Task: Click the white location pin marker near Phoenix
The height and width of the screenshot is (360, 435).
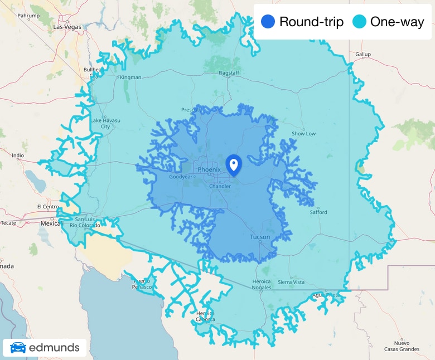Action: pyautogui.click(x=234, y=164)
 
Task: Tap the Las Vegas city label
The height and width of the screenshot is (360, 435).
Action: pyautogui.click(x=67, y=26)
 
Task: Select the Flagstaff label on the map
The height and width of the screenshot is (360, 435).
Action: pyautogui.click(x=229, y=73)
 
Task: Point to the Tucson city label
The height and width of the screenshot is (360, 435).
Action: pyautogui.click(x=260, y=237)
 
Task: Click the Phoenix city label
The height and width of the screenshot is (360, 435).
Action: pyautogui.click(x=209, y=169)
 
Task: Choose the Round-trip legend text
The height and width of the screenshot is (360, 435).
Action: pyautogui.click(x=311, y=22)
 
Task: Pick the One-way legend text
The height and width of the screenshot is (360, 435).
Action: pyautogui.click(x=397, y=22)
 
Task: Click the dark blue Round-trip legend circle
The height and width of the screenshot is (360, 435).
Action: pyautogui.click(x=268, y=22)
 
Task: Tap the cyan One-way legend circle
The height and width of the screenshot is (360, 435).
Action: pyautogui.click(x=360, y=22)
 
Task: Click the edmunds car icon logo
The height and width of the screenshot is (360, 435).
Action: pyautogui.click(x=18, y=348)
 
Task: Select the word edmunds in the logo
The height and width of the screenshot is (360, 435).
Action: pyautogui.click(x=54, y=348)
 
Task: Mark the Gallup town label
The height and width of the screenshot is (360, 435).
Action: pyautogui.click(x=362, y=54)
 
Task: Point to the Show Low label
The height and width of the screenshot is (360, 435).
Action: pyautogui.click(x=303, y=134)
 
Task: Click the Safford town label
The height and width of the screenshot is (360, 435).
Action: pyautogui.click(x=318, y=212)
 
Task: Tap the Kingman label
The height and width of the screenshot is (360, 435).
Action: pyautogui.click(x=130, y=77)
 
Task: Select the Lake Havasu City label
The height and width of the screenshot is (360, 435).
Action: pyautogui.click(x=101, y=123)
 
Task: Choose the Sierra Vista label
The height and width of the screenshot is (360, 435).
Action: pyautogui.click(x=291, y=282)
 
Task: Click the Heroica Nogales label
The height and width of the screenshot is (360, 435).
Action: pyautogui.click(x=262, y=285)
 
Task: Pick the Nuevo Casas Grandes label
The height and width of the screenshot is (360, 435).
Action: pyautogui.click(x=405, y=346)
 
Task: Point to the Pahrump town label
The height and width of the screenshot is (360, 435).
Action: pyautogui.click(x=29, y=16)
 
